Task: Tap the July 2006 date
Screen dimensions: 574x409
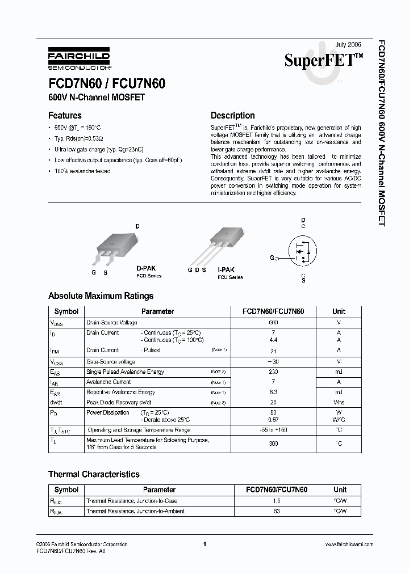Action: tap(348, 44)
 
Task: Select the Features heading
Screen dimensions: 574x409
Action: tap(65, 115)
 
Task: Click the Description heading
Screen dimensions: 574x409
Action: tap(232, 115)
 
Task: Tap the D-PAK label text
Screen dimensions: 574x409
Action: tap(146, 268)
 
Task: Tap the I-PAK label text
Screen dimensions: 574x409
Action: tap(227, 270)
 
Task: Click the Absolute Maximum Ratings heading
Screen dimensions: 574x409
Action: tap(101, 296)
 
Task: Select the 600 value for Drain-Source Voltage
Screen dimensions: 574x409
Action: tap(273, 322)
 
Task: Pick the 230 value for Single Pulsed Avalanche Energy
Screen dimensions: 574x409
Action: tap(273, 372)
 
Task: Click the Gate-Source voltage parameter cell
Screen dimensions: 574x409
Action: tap(111, 361)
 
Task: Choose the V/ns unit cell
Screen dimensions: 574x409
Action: tap(339, 402)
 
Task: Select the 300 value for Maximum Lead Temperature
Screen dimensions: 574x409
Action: tap(273, 444)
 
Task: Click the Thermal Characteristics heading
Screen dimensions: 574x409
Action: tap(94, 474)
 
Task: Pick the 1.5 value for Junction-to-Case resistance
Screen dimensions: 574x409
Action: tap(276, 501)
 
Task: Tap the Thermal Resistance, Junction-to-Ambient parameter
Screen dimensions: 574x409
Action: tap(135, 511)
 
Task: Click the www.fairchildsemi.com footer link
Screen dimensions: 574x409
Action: tap(349, 544)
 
